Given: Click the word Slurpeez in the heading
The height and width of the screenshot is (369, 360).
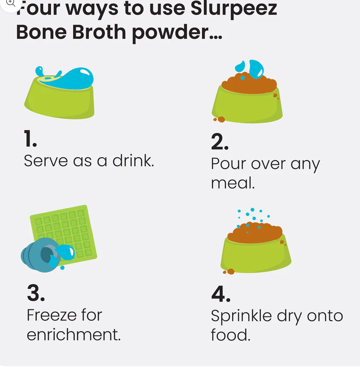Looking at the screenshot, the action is point(233,9).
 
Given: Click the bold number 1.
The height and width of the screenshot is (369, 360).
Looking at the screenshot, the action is point(30,139).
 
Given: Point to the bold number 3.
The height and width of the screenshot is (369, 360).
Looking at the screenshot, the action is point(36,293).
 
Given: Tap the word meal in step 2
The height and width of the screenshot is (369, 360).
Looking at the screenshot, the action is point(233,183).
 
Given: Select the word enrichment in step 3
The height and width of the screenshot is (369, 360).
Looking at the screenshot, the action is point(74,335).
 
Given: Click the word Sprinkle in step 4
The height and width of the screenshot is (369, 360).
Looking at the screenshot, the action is point(241,316).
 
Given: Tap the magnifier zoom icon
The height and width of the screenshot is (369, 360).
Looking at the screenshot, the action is point(11,3).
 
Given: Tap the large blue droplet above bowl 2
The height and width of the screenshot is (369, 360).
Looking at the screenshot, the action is point(256,69).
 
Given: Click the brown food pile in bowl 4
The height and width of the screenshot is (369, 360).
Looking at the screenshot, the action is point(255,234).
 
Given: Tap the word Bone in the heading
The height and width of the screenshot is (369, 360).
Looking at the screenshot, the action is point(41,32).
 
